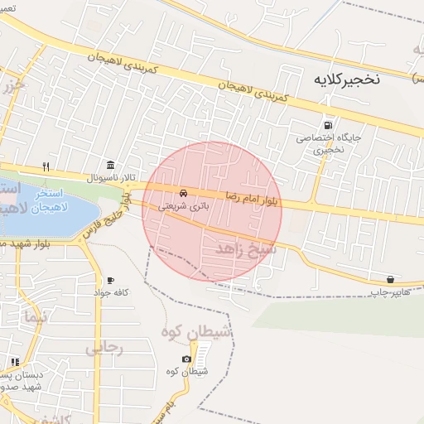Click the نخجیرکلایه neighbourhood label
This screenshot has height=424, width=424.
[346, 79]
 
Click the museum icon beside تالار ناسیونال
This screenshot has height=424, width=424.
[110, 164]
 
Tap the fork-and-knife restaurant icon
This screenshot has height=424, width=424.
[46, 165]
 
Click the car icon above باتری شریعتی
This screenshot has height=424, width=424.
[183, 192]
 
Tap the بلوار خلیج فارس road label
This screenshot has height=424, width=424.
[105, 217]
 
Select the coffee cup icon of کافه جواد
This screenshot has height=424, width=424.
[110, 281]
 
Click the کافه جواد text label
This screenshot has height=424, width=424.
[110, 294]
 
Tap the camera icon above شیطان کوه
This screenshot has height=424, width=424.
[186, 359]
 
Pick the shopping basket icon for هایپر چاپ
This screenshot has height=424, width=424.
[390, 279]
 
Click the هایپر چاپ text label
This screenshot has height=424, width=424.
[389, 292]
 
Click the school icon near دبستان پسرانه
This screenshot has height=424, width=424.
[15, 361]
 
